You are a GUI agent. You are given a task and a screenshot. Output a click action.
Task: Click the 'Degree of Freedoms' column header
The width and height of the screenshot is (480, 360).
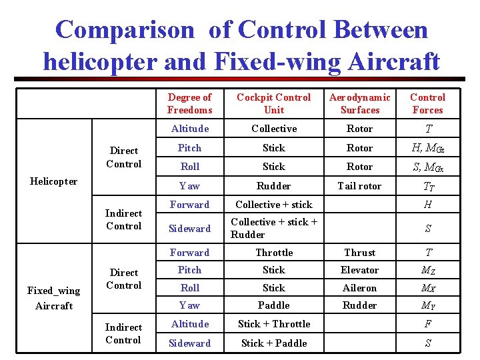(x=189, y=103)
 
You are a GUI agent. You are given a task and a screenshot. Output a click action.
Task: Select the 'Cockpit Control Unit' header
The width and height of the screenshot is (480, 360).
(x=273, y=103)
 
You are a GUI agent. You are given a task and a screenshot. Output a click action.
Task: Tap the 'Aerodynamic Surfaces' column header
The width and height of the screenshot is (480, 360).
(x=359, y=103)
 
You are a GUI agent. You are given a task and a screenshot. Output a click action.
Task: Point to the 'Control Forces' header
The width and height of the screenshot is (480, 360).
(x=427, y=103)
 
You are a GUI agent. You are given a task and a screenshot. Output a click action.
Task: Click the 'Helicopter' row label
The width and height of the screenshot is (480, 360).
(x=55, y=181)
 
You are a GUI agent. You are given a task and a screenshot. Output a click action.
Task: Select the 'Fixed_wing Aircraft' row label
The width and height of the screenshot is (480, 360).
(x=54, y=298)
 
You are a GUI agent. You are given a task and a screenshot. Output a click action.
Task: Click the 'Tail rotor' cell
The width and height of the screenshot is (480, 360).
(x=359, y=186)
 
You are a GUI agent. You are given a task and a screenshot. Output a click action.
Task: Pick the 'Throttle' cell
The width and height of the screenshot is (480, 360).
(x=274, y=253)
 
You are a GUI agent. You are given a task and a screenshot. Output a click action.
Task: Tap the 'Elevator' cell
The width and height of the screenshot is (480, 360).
(x=359, y=270)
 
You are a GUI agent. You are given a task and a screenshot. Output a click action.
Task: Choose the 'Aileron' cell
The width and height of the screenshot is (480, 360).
(x=359, y=288)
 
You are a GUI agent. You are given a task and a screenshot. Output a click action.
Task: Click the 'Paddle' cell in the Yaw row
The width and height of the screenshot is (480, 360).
(x=273, y=305)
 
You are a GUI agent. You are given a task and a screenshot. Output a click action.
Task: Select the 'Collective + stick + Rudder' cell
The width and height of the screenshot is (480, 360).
(x=274, y=228)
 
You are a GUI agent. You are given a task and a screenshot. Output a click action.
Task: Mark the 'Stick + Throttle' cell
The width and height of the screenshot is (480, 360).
(x=274, y=324)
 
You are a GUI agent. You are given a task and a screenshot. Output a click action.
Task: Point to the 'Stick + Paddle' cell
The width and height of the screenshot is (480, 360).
(x=274, y=343)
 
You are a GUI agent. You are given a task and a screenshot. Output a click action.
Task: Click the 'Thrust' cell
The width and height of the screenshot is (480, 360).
(x=359, y=253)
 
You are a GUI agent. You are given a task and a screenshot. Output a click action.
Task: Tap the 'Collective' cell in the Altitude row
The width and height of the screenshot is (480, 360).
(x=273, y=129)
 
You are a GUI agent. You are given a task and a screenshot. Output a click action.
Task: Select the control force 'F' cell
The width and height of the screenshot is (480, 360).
(x=427, y=324)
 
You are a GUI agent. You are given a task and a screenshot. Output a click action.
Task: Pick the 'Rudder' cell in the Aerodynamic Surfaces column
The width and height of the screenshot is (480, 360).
(x=359, y=305)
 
